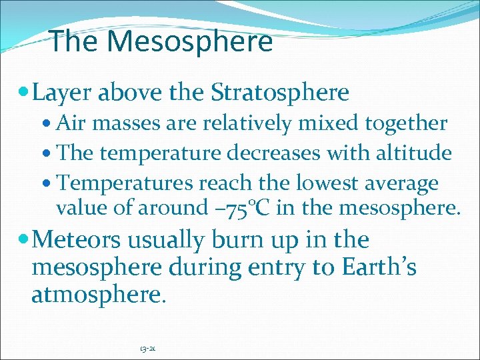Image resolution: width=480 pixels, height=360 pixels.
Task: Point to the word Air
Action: pos(71,123)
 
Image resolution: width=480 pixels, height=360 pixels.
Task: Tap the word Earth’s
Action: pos(379,267)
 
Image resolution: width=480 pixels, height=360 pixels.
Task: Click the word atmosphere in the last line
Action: pos(97,295)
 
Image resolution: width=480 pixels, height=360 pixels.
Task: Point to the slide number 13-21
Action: pos(148,349)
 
